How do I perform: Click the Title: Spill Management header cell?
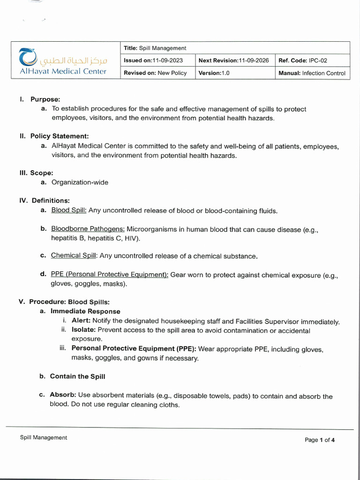tap(155, 48)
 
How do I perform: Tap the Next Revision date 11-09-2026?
tap(254, 60)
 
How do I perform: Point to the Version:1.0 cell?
tap(214, 73)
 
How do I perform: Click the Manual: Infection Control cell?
tap(312, 73)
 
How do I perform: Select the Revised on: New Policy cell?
tap(155, 73)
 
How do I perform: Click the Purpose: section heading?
tap(45, 99)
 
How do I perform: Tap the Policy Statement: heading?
tap(59, 136)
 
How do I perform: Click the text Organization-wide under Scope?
tap(80, 182)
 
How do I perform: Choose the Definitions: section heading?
tap(51, 201)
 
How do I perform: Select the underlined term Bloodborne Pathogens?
tap(88, 229)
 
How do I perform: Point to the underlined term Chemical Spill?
tap(74, 256)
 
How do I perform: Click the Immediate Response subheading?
tap(85, 311)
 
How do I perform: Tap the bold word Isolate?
tap(83, 330)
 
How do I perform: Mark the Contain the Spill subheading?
tap(78, 376)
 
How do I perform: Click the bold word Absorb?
tap(63, 395)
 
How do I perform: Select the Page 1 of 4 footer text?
tap(319, 440)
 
